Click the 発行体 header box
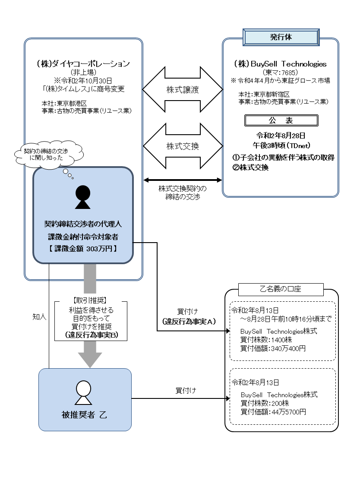click(x=281, y=37)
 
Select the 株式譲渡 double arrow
click(x=183, y=90)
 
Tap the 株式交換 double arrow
click(x=183, y=146)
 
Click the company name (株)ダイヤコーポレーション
click(x=83, y=64)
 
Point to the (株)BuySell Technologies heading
click(x=281, y=64)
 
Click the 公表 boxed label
click(x=281, y=120)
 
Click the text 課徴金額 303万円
click(x=82, y=248)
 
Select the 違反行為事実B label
click(x=91, y=335)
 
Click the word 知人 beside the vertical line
click(x=39, y=316)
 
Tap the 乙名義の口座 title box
click(x=281, y=289)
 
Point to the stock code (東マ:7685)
click(x=281, y=73)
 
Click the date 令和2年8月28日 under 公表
click(x=281, y=134)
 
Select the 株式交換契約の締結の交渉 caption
click(x=183, y=192)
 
